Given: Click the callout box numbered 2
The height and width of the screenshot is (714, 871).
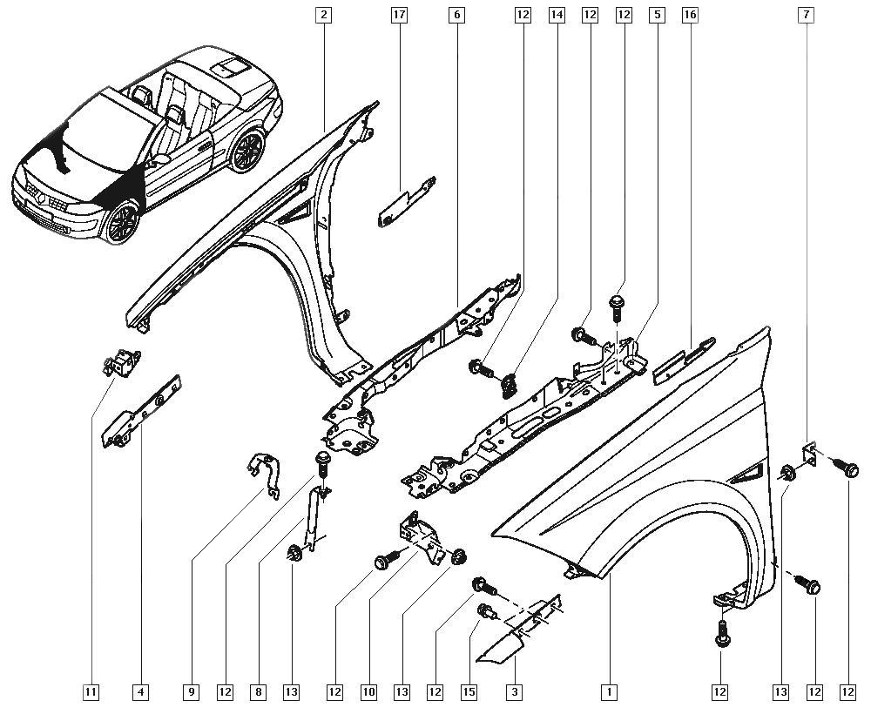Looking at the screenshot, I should (x=324, y=15).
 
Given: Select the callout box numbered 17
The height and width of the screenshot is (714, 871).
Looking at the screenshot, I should (x=400, y=15).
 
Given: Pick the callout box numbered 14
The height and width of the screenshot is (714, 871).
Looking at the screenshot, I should (x=557, y=15).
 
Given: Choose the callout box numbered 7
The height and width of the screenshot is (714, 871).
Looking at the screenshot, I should (x=807, y=15).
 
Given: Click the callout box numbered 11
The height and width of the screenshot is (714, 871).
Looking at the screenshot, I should (x=91, y=692).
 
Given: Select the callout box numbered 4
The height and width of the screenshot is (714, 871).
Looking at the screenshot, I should (x=140, y=692).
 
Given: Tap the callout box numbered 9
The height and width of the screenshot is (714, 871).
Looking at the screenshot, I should (x=191, y=692).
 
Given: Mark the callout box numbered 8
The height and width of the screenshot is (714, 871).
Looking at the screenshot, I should (x=258, y=692).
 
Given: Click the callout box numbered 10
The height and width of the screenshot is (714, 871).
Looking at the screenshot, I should (x=368, y=692).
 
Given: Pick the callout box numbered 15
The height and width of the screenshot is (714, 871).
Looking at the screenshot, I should (x=469, y=692).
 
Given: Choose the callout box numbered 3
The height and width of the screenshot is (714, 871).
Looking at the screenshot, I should (x=516, y=692).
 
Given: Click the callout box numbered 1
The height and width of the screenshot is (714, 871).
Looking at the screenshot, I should (x=609, y=692).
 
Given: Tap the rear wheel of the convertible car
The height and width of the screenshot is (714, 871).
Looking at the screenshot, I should (x=247, y=150).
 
